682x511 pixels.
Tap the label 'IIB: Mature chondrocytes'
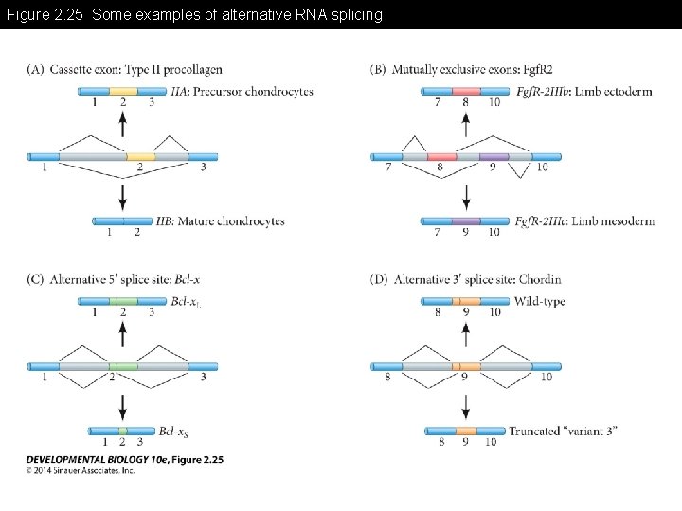click(x=223, y=220)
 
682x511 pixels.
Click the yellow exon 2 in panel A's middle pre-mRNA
click(x=140, y=156)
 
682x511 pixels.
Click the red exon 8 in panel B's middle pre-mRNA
click(x=441, y=156)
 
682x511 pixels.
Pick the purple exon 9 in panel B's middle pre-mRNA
click(x=494, y=156)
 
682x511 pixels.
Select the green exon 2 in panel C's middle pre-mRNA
click(x=123, y=366)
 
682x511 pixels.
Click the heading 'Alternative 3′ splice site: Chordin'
click(x=477, y=279)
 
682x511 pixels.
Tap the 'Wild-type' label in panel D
click(x=539, y=301)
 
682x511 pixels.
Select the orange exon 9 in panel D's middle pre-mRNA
click(x=466, y=366)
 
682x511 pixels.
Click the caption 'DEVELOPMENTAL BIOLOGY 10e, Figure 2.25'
click(x=124, y=459)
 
